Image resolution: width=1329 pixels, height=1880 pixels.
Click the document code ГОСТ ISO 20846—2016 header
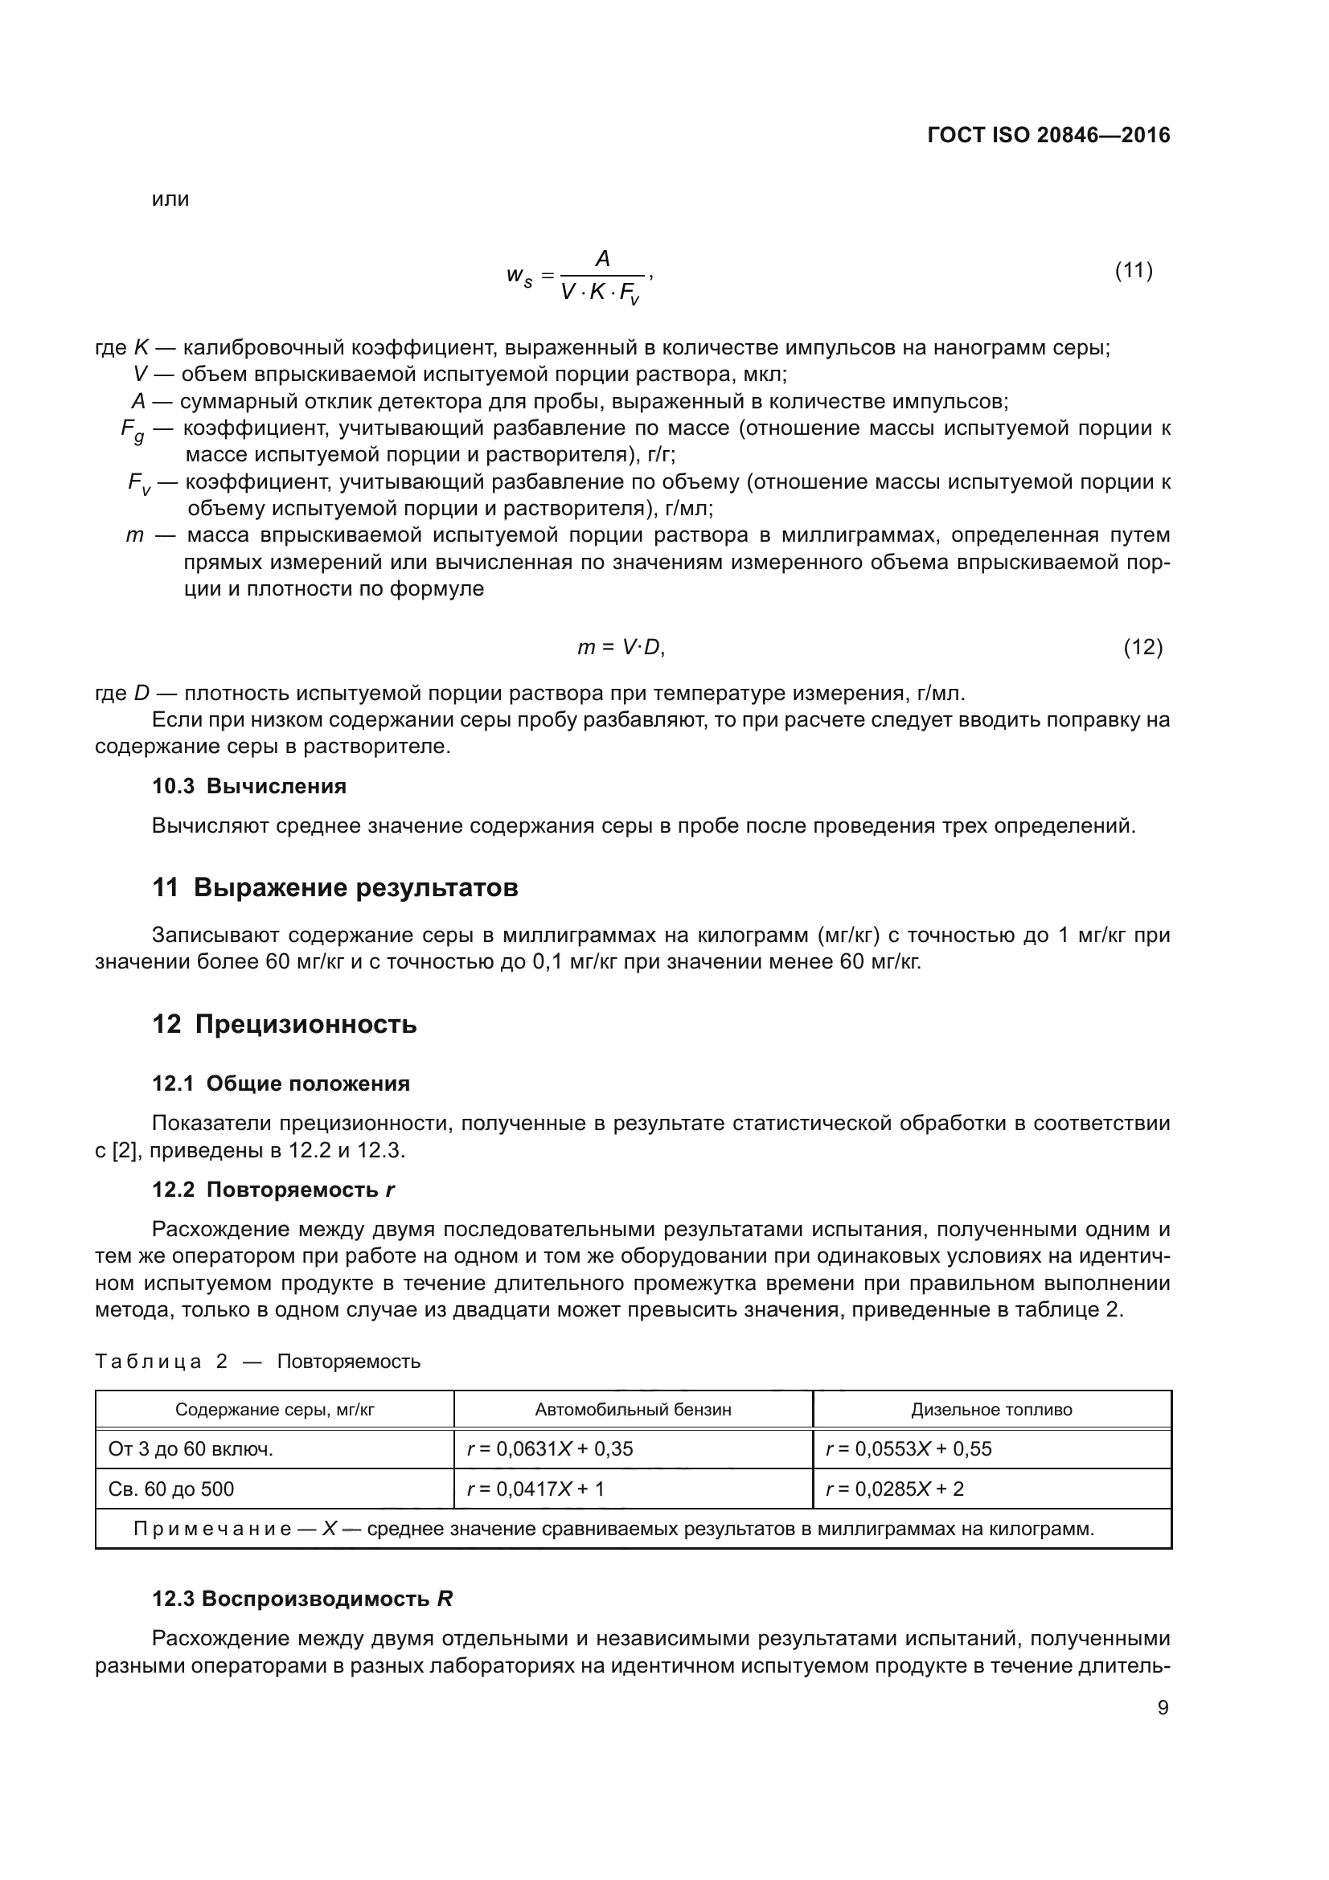click(x=1048, y=135)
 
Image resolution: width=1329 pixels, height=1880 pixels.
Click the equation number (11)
click(x=1134, y=270)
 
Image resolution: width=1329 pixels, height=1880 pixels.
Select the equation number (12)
click(x=1142, y=648)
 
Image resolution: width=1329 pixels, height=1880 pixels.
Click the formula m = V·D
click(x=621, y=648)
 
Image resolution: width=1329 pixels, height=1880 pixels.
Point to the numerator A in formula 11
click(x=602, y=259)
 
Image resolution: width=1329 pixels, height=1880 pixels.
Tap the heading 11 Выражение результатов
click(x=335, y=887)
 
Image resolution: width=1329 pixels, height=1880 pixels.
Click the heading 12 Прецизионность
click(x=284, y=1024)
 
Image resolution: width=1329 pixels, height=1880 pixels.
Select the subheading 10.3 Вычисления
click(x=249, y=786)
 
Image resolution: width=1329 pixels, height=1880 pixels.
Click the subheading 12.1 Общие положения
click(x=281, y=1084)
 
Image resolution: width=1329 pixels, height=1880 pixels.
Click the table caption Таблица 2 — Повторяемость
click(x=257, y=1362)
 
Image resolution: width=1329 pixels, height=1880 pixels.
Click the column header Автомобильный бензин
click(x=633, y=1410)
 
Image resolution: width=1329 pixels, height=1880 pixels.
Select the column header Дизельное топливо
click(x=991, y=1410)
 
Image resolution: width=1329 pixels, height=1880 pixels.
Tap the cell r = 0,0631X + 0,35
click(x=549, y=1449)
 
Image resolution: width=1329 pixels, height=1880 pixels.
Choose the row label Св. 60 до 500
click(x=171, y=1489)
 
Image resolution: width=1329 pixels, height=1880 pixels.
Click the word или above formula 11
click(x=170, y=199)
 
